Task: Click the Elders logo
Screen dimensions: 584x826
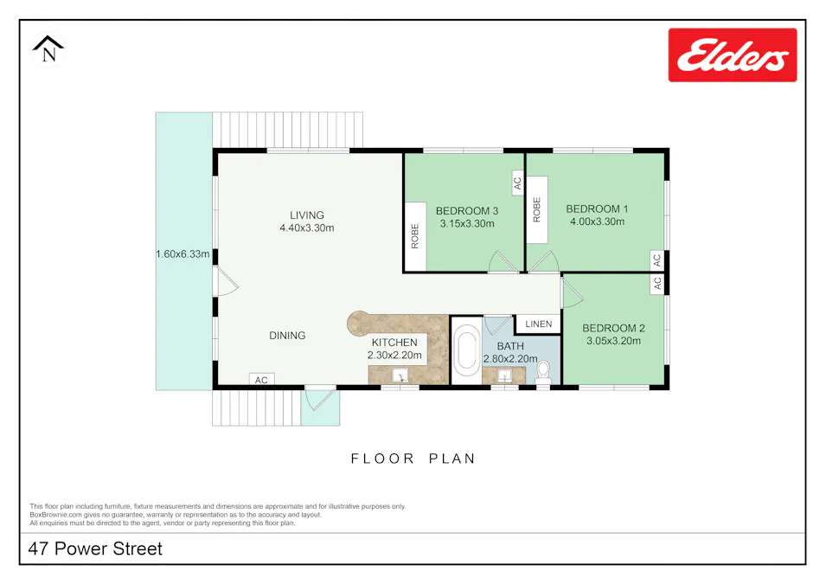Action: click(x=732, y=55)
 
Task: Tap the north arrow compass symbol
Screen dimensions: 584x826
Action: click(x=49, y=49)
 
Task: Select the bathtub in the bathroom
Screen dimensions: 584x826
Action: click(x=467, y=353)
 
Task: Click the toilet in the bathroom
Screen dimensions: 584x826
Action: click(x=543, y=372)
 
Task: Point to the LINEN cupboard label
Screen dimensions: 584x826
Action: click(x=538, y=324)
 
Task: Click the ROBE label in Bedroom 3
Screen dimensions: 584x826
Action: click(x=415, y=236)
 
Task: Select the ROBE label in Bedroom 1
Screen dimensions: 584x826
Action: click(x=537, y=210)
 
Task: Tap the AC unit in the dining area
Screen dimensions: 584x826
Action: click(x=261, y=380)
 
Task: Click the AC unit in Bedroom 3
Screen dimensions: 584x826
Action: click(x=517, y=183)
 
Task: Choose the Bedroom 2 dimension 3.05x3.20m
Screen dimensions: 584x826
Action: click(x=613, y=341)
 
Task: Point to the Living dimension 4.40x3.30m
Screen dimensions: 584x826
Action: click(x=306, y=228)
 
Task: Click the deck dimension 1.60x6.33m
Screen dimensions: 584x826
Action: click(x=183, y=254)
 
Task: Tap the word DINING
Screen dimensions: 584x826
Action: click(x=287, y=336)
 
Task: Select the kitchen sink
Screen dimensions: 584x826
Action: click(x=400, y=375)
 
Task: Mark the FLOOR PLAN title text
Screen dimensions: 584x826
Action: click(x=413, y=459)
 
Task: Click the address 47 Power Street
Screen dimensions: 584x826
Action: click(x=95, y=549)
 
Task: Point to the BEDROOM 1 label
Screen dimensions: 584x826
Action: click(x=597, y=209)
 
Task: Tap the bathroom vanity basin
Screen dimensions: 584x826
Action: click(x=503, y=376)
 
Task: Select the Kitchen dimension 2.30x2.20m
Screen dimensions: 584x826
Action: click(x=394, y=355)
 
